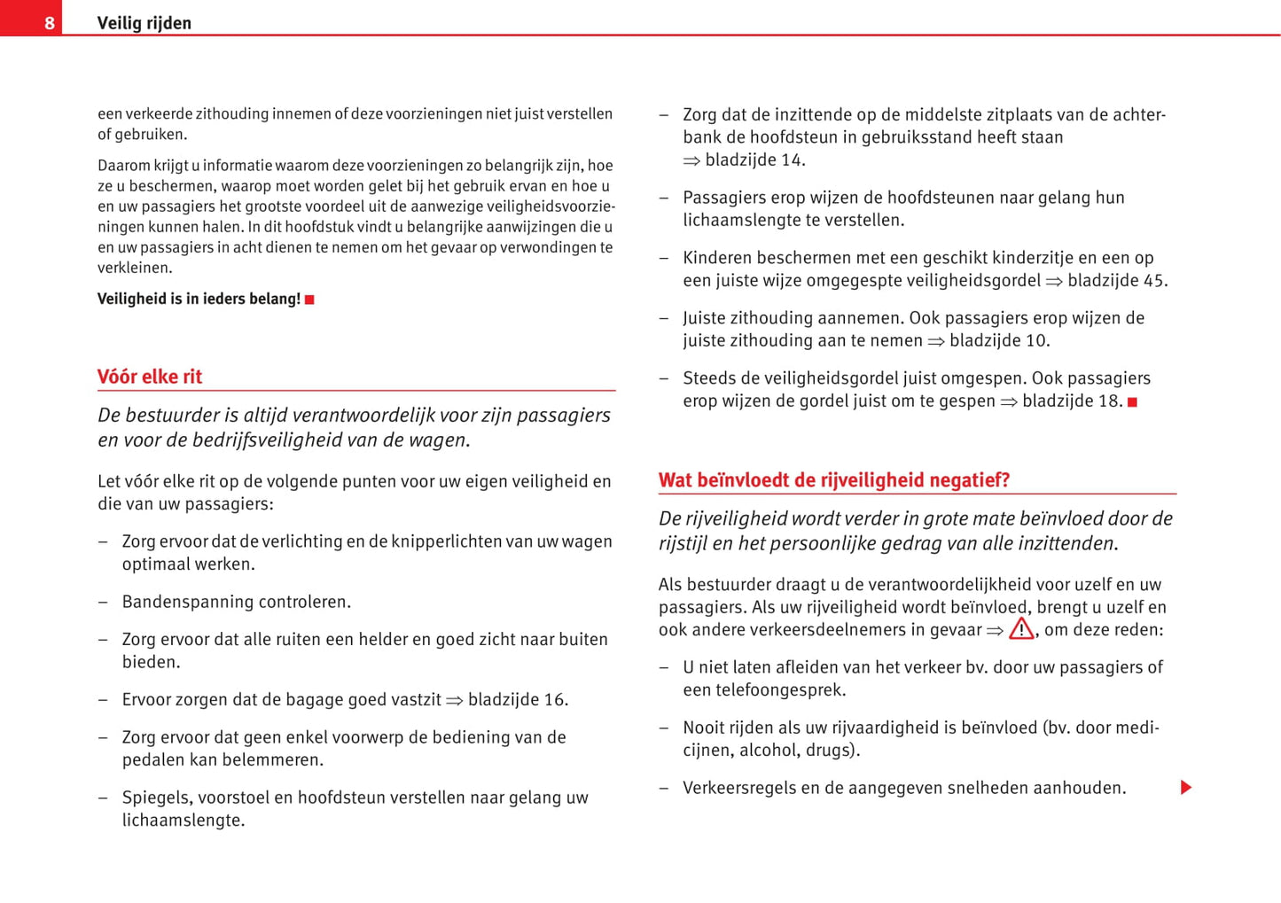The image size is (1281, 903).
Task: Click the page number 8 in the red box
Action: (x=50, y=23)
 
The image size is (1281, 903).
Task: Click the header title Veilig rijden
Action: (x=144, y=23)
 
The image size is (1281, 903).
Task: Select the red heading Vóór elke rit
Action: (x=150, y=377)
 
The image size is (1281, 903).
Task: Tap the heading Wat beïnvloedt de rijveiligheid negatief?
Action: (x=833, y=480)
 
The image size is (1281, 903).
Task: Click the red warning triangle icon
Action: (x=1021, y=629)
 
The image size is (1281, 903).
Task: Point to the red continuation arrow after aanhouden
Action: (x=1186, y=788)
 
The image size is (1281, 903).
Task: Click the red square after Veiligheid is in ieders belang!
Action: (x=309, y=300)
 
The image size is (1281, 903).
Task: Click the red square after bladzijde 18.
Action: (x=1132, y=401)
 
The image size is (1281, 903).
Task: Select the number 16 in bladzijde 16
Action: (x=554, y=700)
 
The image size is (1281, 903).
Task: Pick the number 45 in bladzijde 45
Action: (x=1153, y=281)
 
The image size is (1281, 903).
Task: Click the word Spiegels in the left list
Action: (x=152, y=798)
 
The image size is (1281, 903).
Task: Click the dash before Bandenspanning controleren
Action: (x=103, y=603)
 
